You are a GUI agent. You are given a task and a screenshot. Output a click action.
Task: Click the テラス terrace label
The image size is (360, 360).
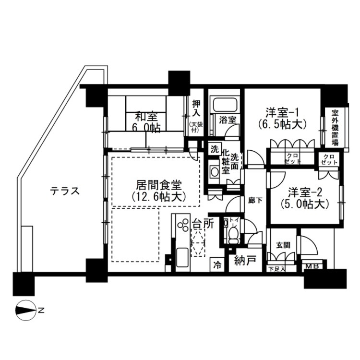click(65, 191)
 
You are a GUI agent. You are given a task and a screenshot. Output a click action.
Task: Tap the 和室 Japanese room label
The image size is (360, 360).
click(146, 117)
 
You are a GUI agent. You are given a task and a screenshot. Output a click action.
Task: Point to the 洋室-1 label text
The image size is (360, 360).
click(282, 113)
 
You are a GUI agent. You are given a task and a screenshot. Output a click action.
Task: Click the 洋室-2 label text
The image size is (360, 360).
click(305, 192)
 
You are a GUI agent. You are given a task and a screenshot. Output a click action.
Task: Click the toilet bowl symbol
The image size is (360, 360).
click(233, 235)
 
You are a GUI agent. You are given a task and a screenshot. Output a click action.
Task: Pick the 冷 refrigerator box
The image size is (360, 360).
click(217, 264)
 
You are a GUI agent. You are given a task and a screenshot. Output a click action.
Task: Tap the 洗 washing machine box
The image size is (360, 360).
click(215, 149)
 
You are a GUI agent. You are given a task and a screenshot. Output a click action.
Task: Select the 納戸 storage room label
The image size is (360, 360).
click(245, 261)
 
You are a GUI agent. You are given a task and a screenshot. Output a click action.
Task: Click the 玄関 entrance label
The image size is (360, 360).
click(283, 245)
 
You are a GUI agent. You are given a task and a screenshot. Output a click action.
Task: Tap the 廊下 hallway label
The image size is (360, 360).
click(255, 201)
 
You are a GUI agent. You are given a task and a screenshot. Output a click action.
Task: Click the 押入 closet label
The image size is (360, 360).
click(196, 108)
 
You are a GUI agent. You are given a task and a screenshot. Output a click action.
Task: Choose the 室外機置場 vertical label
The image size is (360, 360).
click(335, 128)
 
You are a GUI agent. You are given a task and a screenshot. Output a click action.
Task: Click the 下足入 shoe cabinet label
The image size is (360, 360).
click(276, 269)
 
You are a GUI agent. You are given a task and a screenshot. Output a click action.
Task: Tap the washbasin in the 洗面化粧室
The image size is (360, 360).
click(215, 172)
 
